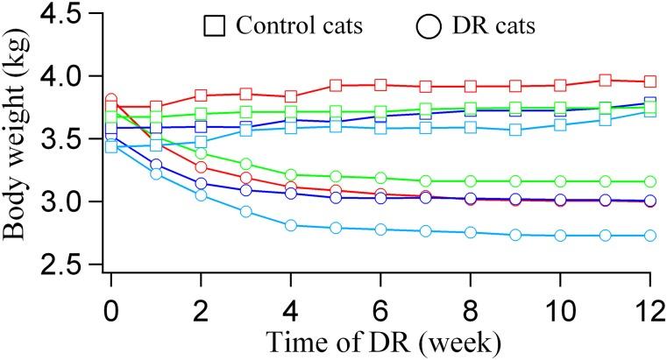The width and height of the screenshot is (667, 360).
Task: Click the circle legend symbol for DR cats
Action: click(x=427, y=27)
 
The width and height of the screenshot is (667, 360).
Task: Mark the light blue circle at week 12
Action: click(x=649, y=236)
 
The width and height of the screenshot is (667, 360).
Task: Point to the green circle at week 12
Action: click(x=649, y=181)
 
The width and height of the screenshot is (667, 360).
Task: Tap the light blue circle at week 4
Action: click(x=291, y=225)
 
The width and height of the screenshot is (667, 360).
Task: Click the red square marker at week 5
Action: click(x=336, y=86)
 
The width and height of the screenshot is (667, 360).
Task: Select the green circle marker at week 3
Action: click(x=246, y=164)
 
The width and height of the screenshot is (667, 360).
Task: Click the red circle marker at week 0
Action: click(x=111, y=100)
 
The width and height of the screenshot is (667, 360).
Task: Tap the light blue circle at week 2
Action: click(x=201, y=194)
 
